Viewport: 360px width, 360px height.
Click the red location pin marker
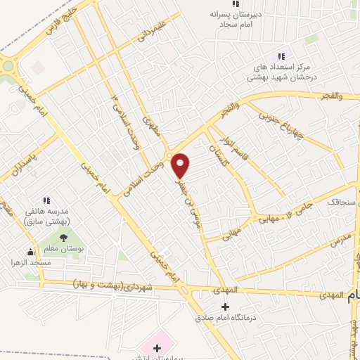point(181,165)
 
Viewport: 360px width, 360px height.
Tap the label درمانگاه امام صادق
point(225,317)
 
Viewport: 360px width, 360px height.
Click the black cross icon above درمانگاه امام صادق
point(225,307)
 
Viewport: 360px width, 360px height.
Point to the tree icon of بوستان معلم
point(63,237)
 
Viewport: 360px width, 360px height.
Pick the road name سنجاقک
point(340,202)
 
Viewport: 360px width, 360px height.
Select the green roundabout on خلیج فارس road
point(8,66)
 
